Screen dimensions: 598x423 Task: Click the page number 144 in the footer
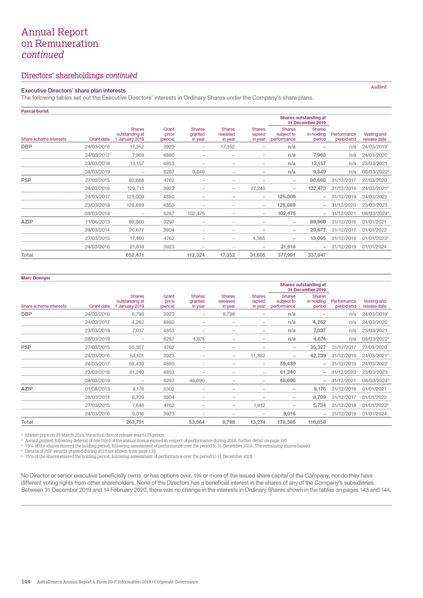click(25, 581)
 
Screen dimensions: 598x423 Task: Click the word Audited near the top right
click(378, 87)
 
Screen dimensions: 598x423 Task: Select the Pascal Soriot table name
click(35, 111)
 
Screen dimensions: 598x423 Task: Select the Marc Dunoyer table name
click(36, 278)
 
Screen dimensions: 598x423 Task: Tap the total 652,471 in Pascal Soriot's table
click(135, 255)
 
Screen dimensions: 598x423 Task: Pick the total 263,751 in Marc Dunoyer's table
click(135, 422)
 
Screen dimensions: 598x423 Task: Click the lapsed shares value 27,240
click(258, 188)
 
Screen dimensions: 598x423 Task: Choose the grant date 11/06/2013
click(97, 222)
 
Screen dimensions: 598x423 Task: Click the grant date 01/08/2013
click(97, 389)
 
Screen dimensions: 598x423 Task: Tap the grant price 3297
click(169, 222)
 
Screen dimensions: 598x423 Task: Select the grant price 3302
click(169, 389)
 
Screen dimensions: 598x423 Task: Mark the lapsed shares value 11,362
click(258, 355)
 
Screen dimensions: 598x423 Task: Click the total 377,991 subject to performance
click(286, 255)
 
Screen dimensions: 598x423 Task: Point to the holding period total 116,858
click(317, 422)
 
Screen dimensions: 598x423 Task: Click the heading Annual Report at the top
click(55, 32)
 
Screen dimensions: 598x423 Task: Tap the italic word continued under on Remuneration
click(43, 55)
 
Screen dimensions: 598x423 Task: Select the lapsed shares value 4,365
click(259, 238)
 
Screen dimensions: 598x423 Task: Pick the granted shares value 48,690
click(197, 380)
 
